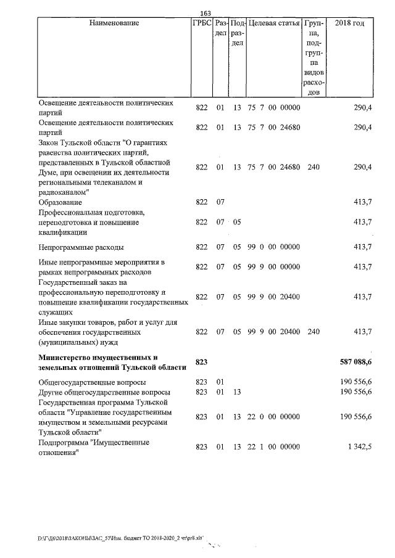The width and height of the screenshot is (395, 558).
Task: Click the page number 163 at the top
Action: pyautogui.click(x=206, y=13)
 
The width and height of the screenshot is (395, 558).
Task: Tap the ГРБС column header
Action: pyautogui.click(x=201, y=23)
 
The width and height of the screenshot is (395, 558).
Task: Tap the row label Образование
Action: pyautogui.click(x=60, y=202)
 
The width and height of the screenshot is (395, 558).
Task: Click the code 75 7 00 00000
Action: pyautogui.click(x=273, y=108)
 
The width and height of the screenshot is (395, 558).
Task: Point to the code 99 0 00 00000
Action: pyautogui.click(x=273, y=247)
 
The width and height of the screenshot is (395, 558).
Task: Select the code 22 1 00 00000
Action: pyautogui.click(x=273, y=446)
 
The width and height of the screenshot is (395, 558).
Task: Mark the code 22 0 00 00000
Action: pyautogui.click(x=273, y=417)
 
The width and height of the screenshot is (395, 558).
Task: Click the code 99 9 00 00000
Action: pyautogui.click(x=273, y=267)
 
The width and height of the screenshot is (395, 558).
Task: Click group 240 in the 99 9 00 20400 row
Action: pyautogui.click(x=314, y=332)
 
